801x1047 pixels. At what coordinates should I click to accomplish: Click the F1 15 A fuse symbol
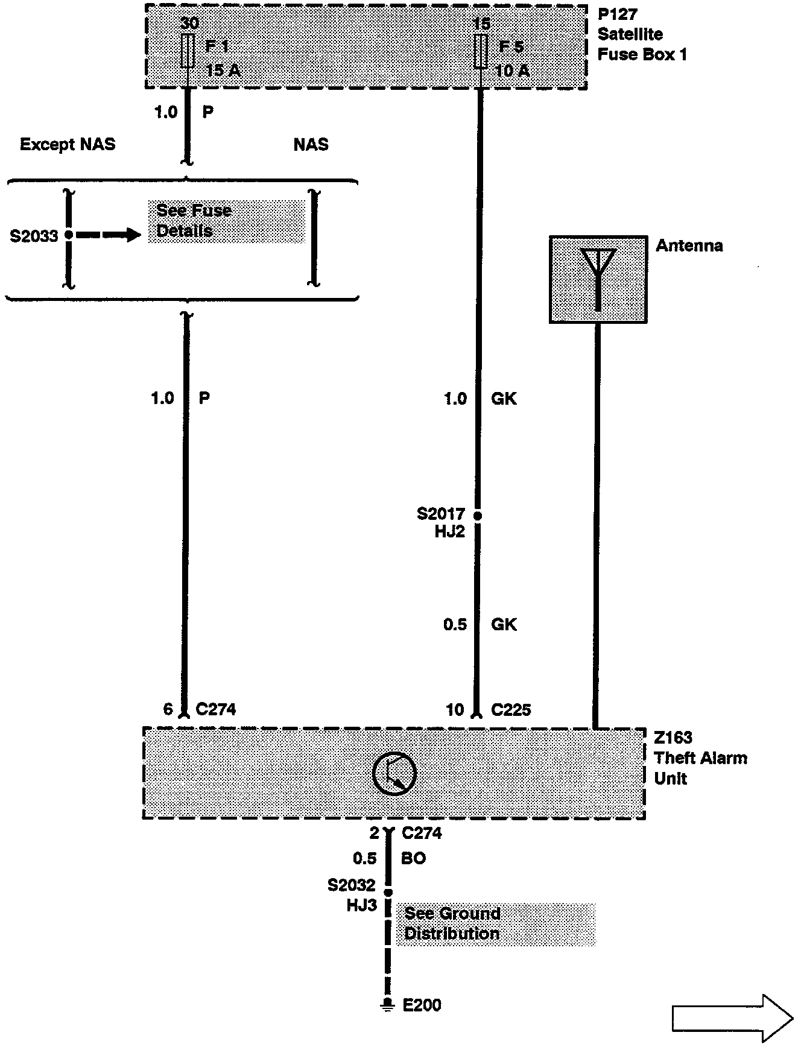pyautogui.click(x=187, y=51)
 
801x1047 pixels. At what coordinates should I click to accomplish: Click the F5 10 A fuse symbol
pyautogui.click(x=481, y=51)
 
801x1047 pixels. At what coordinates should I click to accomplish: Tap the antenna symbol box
pyautogui.click(x=598, y=279)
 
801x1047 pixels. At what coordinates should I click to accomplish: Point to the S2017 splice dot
pyautogui.click(x=478, y=516)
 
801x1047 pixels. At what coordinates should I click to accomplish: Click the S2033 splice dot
pyautogui.click(x=69, y=235)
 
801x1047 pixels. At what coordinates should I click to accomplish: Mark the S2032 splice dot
pyautogui.click(x=388, y=892)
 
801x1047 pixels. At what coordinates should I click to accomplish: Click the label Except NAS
pyautogui.click(x=68, y=145)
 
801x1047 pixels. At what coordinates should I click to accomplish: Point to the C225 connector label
pyautogui.click(x=511, y=710)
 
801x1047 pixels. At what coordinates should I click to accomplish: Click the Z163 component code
pyautogui.click(x=673, y=738)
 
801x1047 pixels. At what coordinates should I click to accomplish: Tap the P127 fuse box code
pyautogui.click(x=617, y=14)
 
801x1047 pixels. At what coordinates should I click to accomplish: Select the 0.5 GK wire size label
pyautogui.click(x=455, y=624)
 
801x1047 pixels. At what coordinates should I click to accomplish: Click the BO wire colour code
pyautogui.click(x=414, y=858)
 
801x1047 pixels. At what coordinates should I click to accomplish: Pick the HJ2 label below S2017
pyautogui.click(x=449, y=531)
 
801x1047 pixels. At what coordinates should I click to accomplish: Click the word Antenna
pyautogui.click(x=689, y=245)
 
